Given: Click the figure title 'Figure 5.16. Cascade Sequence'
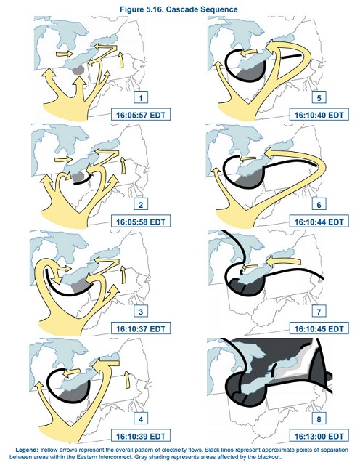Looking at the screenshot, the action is point(179,9).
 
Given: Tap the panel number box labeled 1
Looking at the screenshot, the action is point(141,97).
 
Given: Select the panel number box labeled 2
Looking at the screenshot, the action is point(141,205).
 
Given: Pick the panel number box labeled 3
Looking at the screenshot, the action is point(141,312).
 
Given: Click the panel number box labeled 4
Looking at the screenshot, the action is point(141,419).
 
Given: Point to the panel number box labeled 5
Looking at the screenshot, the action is point(319,97).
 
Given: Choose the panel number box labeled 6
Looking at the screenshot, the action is point(319,205).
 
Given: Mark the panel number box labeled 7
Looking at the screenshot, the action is point(319,312).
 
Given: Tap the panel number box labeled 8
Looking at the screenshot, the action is point(319,419).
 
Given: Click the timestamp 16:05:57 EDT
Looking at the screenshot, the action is point(141,115).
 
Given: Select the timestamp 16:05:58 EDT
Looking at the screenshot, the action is point(141,222).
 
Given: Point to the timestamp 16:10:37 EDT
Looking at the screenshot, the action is point(141,328).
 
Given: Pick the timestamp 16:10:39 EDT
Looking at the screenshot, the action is point(141,436).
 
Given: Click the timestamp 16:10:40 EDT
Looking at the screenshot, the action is point(319,115).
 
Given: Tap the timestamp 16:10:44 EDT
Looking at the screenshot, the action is point(319,222).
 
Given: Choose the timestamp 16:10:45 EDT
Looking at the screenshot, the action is point(319,328).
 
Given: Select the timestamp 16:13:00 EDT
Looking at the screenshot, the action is point(319,436).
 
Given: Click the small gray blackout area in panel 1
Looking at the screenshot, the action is point(79,70).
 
